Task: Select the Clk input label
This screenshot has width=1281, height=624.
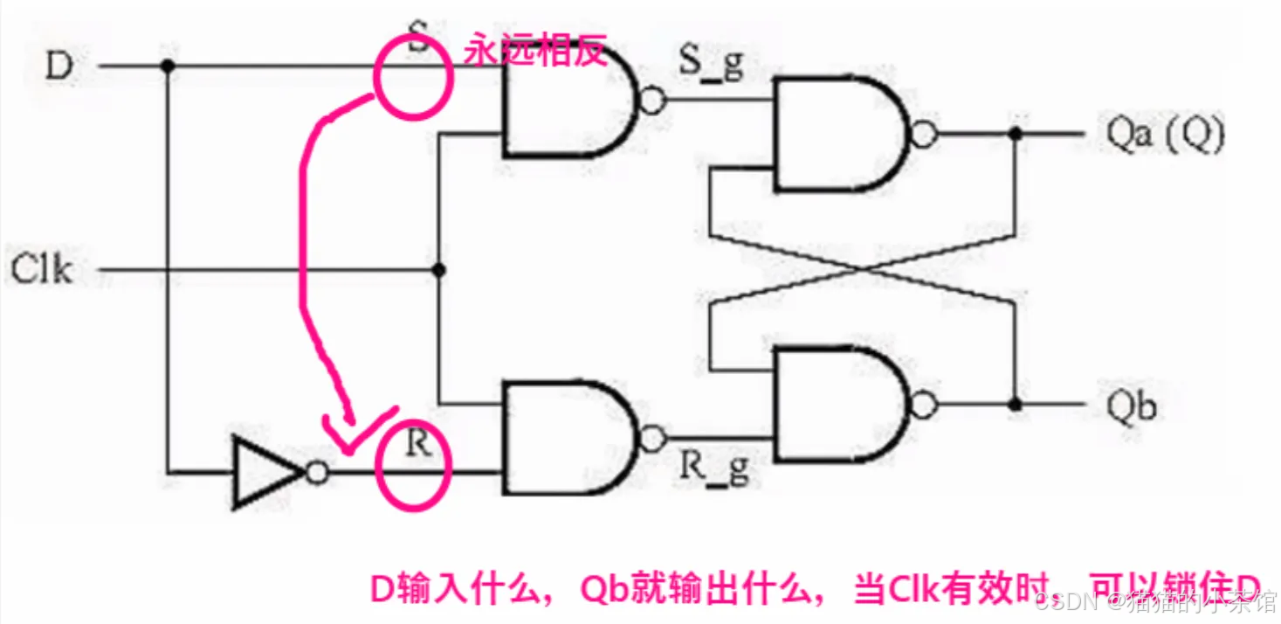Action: tap(41, 270)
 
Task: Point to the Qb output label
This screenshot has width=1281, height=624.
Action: tap(1133, 406)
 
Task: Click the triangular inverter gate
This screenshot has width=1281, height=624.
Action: tap(266, 473)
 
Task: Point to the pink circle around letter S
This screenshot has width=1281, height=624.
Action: tap(414, 77)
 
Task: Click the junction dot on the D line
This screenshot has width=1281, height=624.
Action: tap(167, 66)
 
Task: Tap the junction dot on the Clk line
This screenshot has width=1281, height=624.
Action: tap(439, 270)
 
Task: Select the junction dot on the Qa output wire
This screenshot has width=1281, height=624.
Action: tap(1014, 135)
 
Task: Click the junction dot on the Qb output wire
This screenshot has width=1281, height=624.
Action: tap(1014, 405)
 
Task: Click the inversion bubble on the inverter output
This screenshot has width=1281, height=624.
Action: tap(318, 473)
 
